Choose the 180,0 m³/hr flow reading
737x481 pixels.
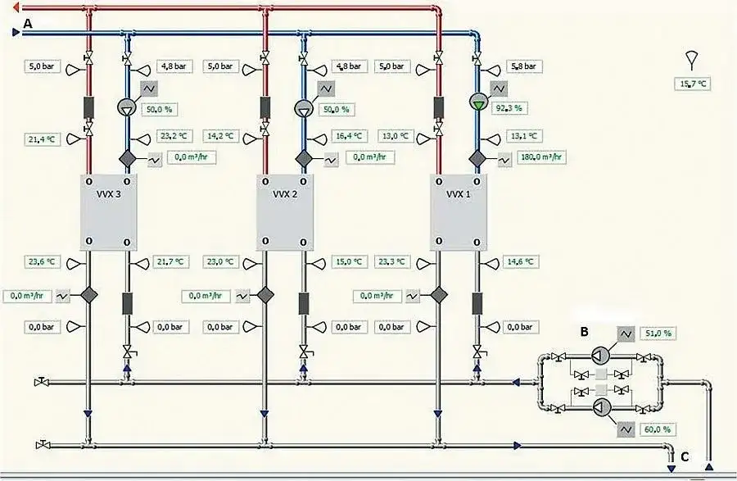[x=543, y=157]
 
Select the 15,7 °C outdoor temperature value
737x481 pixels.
[x=690, y=84]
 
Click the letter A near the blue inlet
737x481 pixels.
[x=28, y=25]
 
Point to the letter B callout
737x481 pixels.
[x=584, y=332]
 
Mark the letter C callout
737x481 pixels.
[x=685, y=457]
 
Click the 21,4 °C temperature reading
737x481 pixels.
[x=40, y=140]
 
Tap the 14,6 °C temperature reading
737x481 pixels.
[x=522, y=262]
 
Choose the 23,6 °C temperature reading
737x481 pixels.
[x=40, y=262]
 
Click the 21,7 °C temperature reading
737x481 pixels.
[x=171, y=262]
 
